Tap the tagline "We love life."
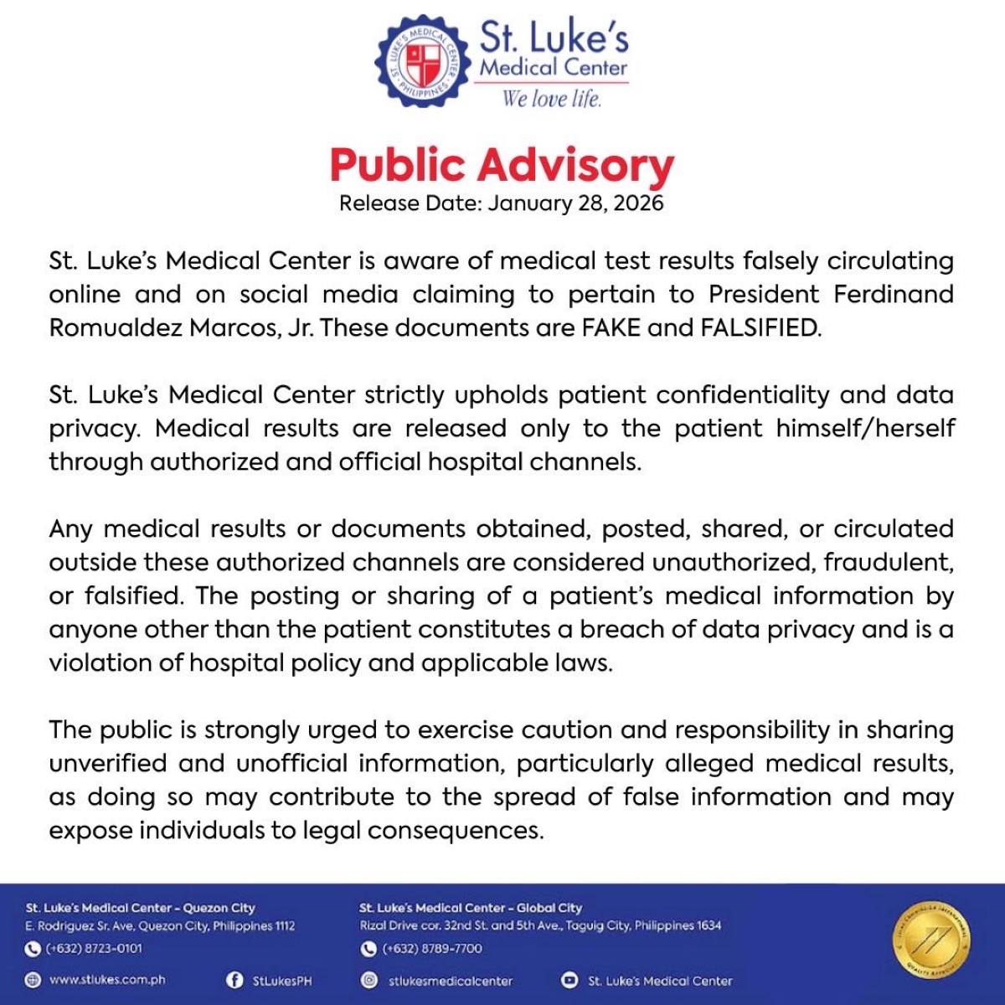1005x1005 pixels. point(552,99)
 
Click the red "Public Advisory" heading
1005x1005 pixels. point(502,165)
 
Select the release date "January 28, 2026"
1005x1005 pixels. point(576,204)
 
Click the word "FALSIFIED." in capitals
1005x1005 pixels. point(761,327)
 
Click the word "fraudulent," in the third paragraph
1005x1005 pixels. point(889,562)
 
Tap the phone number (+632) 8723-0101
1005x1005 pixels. point(94,949)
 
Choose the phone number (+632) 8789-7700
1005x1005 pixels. point(432,949)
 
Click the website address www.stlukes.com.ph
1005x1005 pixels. point(107,980)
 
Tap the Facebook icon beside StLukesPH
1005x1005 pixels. point(234,980)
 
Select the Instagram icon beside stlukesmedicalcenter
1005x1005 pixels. point(368,980)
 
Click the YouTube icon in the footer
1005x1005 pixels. point(569,980)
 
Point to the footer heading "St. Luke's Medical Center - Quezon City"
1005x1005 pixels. point(140,908)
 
